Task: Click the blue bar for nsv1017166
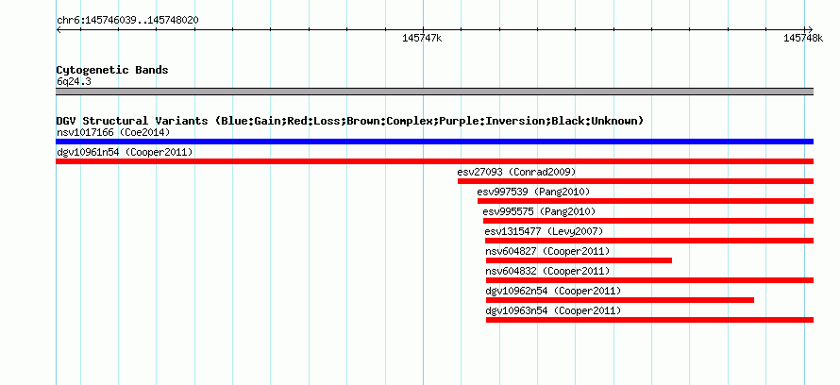[x=434, y=142]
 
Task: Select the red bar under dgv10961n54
[x=434, y=161]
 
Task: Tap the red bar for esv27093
[x=635, y=181]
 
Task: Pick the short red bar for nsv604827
[x=579, y=260]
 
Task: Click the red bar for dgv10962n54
[x=620, y=300]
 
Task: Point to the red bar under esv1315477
[x=649, y=241]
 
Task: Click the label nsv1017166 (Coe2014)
[x=113, y=132]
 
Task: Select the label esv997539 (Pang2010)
[x=533, y=192]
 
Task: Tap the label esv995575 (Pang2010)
[x=539, y=211]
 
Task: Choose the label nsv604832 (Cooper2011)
[x=547, y=271]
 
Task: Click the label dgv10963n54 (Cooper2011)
[x=553, y=310]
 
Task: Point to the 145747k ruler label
[x=422, y=39]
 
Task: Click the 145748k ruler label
[x=803, y=39]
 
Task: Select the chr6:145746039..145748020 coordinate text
[x=127, y=21]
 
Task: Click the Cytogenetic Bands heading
[x=112, y=70]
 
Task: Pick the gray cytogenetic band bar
[x=434, y=92]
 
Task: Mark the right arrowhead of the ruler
[x=811, y=29]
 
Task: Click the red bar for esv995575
[x=648, y=221]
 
